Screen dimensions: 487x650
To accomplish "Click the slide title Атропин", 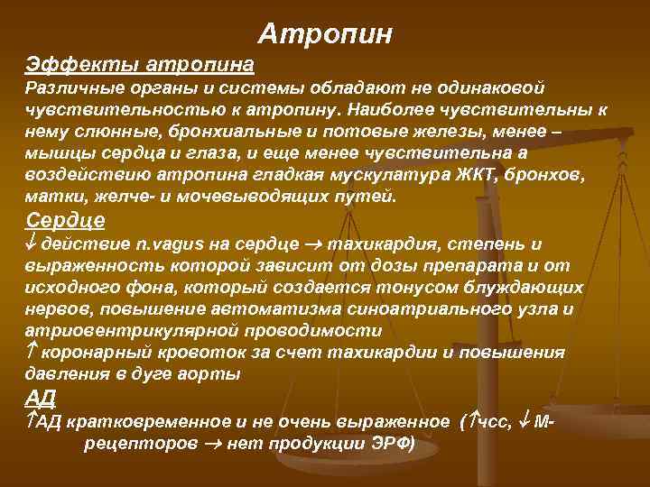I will coord(325,33).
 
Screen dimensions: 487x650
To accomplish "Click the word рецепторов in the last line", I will coord(140,444).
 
